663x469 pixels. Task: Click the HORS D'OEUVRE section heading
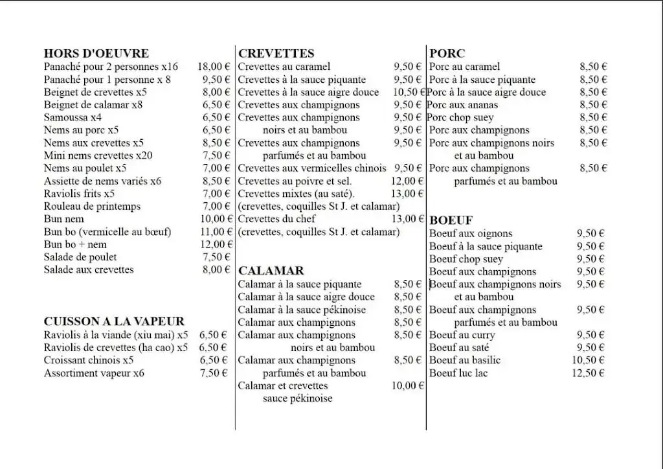[96, 54]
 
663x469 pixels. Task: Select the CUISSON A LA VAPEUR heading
[114, 321]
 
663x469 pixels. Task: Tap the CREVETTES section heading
[276, 54]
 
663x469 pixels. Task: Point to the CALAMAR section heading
[271, 271]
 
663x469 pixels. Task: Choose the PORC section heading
[447, 54]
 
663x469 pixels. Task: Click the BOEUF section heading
[451, 220]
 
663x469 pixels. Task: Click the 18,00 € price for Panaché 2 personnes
[214, 67]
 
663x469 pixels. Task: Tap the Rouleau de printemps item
[92, 207]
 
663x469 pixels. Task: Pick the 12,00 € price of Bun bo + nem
[214, 244]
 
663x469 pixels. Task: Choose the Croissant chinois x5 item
[89, 360]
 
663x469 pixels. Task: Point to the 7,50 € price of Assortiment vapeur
[214, 373]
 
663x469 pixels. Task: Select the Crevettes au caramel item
[284, 67]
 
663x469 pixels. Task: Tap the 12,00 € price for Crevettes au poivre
[407, 181]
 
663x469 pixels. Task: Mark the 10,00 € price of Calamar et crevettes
[407, 386]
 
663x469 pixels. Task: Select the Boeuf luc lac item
[458, 373]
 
